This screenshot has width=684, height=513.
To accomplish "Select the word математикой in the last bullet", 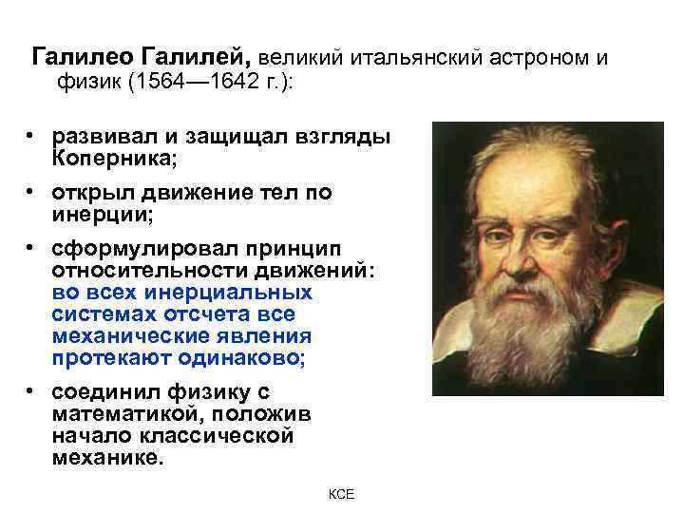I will coord(123,415).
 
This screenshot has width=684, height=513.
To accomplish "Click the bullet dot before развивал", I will coord(31,135).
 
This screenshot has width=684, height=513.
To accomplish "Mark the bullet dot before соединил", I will coord(31,393).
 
